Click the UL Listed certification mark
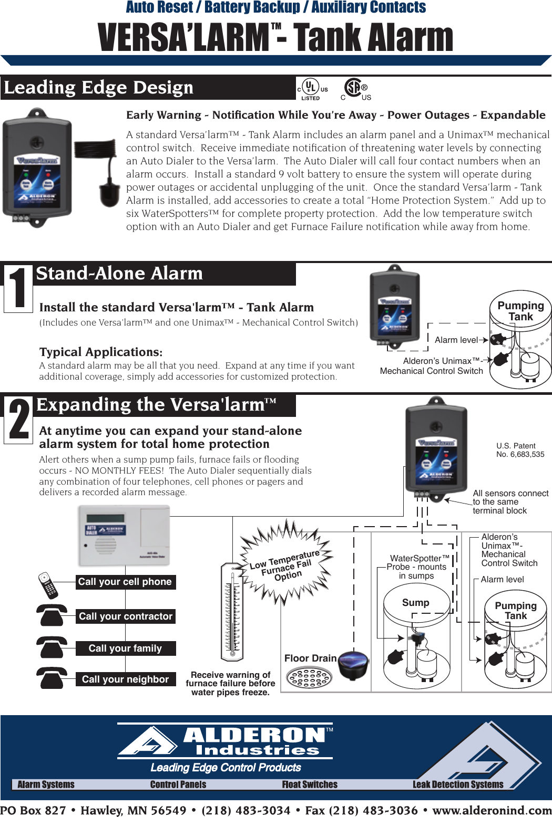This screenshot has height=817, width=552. point(312,88)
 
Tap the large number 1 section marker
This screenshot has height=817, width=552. point(18,288)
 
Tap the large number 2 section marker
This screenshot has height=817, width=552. point(18,420)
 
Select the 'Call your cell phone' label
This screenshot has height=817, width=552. point(125,582)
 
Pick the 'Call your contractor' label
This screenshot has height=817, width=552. point(125,616)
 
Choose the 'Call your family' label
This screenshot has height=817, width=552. point(125,648)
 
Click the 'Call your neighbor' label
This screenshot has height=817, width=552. point(125,679)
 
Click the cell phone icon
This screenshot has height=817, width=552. point(48,585)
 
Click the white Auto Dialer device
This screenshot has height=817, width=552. point(124,536)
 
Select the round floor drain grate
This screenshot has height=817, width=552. point(309,677)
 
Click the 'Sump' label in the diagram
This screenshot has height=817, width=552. point(415,603)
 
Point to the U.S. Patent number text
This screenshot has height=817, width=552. point(520,450)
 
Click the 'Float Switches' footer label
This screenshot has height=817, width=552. point(310,784)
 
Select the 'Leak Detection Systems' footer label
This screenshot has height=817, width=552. point(458,784)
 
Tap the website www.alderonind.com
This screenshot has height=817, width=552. point(492,810)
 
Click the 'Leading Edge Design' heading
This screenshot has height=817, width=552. point(99,87)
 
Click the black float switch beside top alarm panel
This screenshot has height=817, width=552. point(109,192)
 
